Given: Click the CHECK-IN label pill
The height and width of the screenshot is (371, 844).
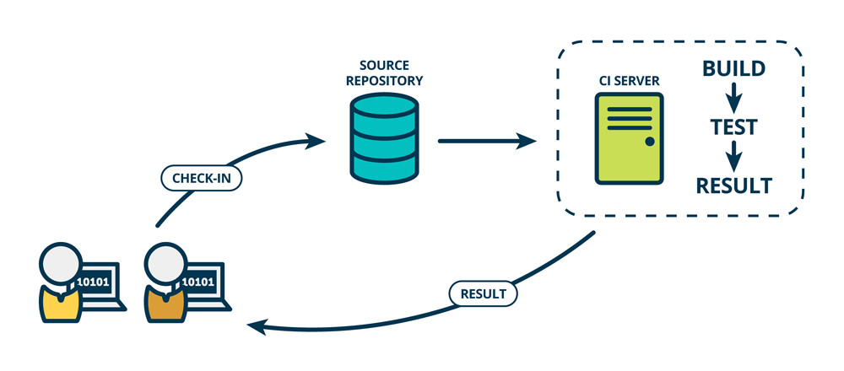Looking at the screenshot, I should (x=201, y=179).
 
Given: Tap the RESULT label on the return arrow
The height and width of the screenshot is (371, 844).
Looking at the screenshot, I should (x=483, y=294).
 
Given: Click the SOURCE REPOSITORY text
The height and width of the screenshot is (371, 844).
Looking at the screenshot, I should (x=384, y=74).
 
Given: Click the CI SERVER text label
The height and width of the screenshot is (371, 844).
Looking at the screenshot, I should (x=628, y=81).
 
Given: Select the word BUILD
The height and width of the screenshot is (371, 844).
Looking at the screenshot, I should (x=733, y=68).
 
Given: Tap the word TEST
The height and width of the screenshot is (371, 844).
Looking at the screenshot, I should (x=733, y=126).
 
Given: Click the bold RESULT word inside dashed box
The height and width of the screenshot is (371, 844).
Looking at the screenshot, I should (x=733, y=185).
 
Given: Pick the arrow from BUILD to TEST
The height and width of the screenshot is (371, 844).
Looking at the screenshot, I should (x=733, y=97).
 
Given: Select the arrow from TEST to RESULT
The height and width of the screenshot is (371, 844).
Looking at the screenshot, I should (x=733, y=155).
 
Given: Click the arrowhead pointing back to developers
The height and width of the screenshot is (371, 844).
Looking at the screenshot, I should (x=256, y=326).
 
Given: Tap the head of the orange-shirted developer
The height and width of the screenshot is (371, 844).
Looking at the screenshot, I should (x=165, y=265).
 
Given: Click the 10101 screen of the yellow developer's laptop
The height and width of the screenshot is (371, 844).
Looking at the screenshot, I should (x=95, y=282).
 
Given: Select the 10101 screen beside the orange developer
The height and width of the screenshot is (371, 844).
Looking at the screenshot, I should (x=199, y=282).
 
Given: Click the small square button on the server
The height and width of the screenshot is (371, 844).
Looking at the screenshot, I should (x=650, y=141).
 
